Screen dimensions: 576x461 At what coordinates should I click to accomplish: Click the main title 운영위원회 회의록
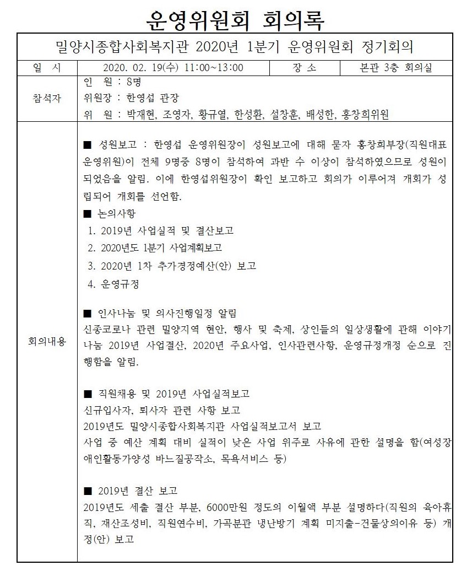235,20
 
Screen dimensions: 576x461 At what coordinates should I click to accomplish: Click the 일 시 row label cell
47,68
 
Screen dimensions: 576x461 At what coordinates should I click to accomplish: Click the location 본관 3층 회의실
395,68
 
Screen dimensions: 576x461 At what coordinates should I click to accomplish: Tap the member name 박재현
143,115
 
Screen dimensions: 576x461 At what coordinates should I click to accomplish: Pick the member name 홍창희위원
365,115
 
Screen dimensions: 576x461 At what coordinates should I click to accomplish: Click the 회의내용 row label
47,342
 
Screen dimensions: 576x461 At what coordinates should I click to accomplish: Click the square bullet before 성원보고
86,146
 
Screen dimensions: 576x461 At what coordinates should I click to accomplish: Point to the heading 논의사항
117,213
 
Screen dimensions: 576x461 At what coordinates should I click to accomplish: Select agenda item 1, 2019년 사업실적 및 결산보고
164,230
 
